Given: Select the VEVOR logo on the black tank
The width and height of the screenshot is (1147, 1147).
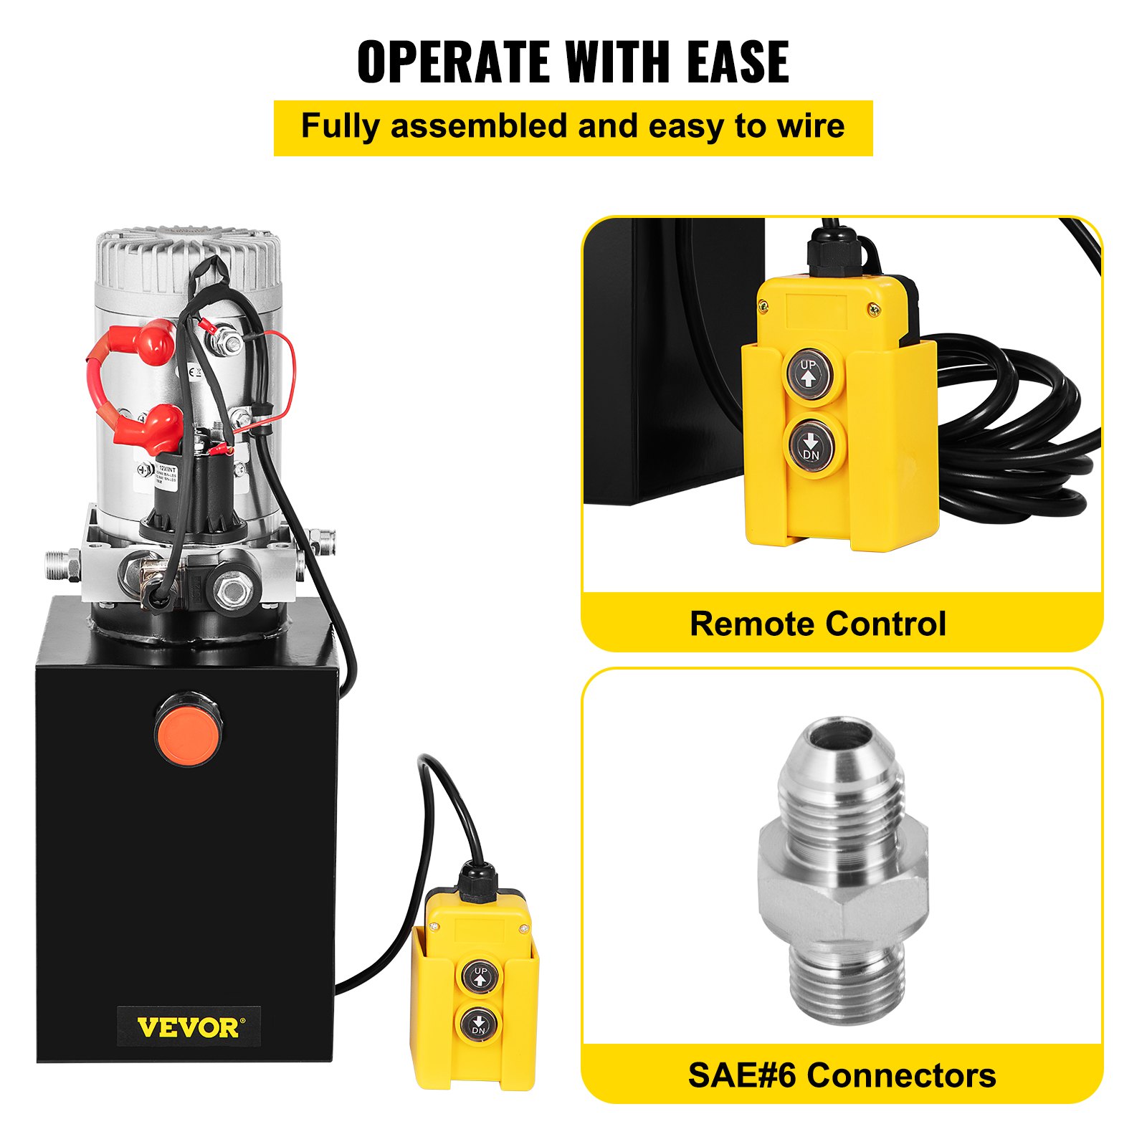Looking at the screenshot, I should tap(189, 1027).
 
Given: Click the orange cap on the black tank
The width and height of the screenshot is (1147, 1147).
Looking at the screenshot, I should tap(188, 729).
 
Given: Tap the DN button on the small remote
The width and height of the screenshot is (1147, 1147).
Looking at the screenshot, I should tap(479, 1025).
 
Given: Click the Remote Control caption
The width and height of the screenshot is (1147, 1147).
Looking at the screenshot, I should tap(817, 624).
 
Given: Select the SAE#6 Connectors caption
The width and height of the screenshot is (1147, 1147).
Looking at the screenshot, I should tap(842, 1075).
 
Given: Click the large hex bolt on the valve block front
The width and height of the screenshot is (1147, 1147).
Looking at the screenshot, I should tap(231, 591).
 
